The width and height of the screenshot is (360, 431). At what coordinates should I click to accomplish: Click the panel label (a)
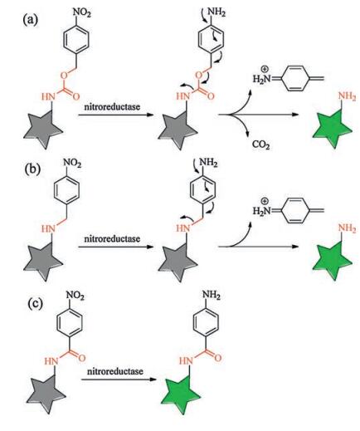pyautogui.click(x=31, y=21)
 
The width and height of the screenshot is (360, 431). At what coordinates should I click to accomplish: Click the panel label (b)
pyautogui.click(x=32, y=169)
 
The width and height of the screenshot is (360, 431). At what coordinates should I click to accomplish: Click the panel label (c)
pyautogui.click(x=36, y=303)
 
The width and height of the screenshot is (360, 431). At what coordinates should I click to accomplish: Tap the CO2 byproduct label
pyautogui.click(x=260, y=144)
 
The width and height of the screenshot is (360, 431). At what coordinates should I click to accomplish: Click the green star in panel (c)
pyautogui.click(x=181, y=394)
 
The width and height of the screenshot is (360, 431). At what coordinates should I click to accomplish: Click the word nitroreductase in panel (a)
pyautogui.click(x=112, y=106)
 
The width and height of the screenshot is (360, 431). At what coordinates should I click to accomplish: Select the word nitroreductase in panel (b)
pyautogui.click(x=112, y=238)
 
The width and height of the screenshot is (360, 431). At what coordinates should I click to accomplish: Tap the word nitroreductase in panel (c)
pyautogui.click(x=115, y=371)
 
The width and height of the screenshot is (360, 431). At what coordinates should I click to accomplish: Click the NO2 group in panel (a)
pyautogui.click(x=81, y=13)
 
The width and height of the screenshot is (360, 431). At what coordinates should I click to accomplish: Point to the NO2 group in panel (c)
pyautogui.click(x=75, y=296)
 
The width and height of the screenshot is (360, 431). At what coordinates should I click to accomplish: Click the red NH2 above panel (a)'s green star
pyautogui.click(x=347, y=97)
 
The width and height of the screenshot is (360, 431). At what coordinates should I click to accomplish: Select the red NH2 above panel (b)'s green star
pyautogui.click(x=347, y=228)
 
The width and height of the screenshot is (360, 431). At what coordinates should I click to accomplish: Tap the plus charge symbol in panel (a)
pyautogui.click(x=265, y=69)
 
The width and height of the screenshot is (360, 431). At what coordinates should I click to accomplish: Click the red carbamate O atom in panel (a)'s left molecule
pyautogui.click(x=64, y=75)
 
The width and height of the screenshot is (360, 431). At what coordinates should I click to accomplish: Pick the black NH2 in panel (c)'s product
pyautogui.click(x=212, y=295)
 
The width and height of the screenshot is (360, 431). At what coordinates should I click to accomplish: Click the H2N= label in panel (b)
pyautogui.click(x=263, y=211)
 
